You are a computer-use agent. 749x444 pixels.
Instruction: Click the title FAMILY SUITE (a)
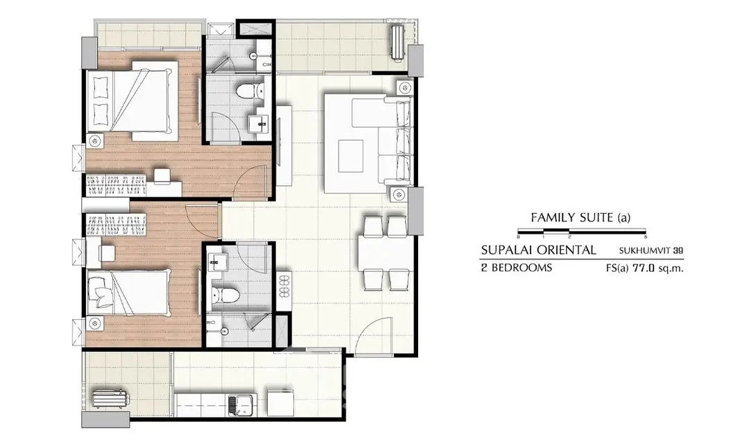point(580,218)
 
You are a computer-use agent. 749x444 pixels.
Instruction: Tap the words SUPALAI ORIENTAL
point(538,250)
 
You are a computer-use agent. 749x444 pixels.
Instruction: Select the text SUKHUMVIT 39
point(651,250)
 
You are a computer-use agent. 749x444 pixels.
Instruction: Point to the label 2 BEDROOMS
point(517,268)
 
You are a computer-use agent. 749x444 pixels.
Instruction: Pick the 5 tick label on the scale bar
point(646,237)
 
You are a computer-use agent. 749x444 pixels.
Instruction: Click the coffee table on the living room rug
point(351,155)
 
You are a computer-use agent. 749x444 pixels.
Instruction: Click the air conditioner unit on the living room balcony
point(397,43)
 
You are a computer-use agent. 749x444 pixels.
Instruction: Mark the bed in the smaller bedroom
point(128,293)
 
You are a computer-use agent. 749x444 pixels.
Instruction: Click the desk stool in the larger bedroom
point(161,176)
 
